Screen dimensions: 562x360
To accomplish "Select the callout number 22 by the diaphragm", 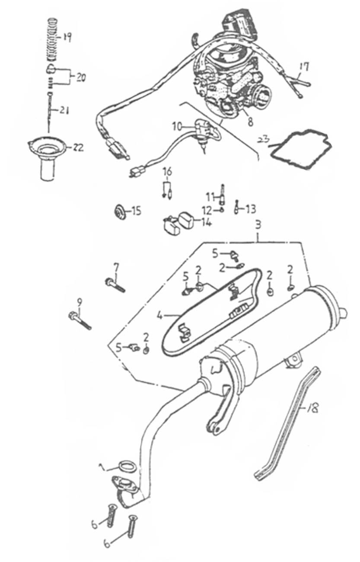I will [x=78, y=147].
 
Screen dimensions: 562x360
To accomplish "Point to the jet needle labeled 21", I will [x=51, y=110].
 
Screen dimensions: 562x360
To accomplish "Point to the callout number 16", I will [x=167, y=172].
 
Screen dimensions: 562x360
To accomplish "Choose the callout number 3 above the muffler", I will [x=258, y=225].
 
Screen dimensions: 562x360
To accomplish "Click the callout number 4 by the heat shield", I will [x=159, y=316].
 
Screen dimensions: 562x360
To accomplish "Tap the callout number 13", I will [x=251, y=209].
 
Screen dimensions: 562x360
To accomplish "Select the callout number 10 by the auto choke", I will [x=177, y=126].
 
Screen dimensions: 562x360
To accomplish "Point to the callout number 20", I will [x=81, y=78].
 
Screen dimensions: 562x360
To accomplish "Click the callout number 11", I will [x=210, y=197].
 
